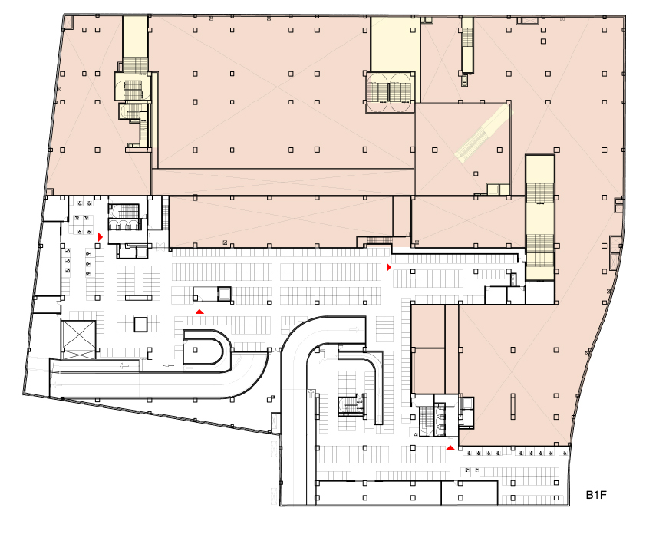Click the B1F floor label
point(595,495)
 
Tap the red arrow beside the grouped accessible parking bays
point(100,237)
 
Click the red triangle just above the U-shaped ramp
point(199,312)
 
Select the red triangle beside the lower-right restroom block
point(450,447)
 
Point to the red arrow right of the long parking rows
point(388,267)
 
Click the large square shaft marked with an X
point(77,334)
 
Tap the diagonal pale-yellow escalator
point(482,132)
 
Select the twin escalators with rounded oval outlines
point(390,92)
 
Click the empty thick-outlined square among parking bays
point(140,325)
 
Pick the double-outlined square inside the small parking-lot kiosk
point(224,294)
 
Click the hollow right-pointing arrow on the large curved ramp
point(354,329)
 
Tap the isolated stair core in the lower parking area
point(351,406)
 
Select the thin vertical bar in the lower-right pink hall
point(513,406)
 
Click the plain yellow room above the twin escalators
point(396,45)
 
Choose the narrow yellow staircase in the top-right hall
point(467,46)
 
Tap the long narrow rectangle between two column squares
point(139,298)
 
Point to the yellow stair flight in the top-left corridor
point(135,64)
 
